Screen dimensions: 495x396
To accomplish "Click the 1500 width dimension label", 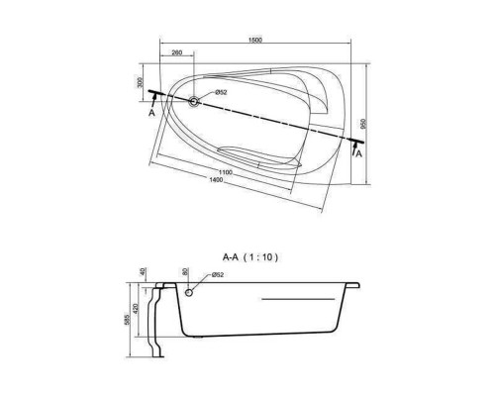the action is tap(254, 40).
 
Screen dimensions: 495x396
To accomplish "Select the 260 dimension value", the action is tap(177, 52).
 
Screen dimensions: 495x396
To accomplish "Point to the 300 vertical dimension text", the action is tap(140, 82).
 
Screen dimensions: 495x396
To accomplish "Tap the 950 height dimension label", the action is tap(364, 123).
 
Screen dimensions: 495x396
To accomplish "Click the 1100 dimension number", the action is tap(226, 172).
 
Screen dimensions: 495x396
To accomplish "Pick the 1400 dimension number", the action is tap(216, 180).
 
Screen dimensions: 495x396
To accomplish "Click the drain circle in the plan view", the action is tap(193, 101).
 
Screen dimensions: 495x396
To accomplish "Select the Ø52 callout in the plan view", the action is tap(221, 92).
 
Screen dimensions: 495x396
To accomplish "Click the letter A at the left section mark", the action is tap(151, 113).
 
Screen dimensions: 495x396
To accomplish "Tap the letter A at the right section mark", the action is tap(358, 153).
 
